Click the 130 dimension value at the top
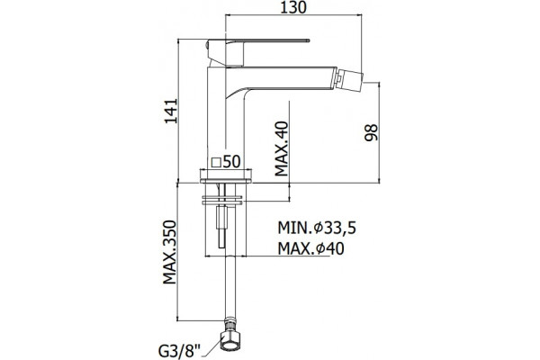point(293,7)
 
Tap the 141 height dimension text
point(170,111)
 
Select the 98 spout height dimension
point(371,132)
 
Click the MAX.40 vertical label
point(282,148)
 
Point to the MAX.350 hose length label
point(169,252)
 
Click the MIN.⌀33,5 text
point(317,228)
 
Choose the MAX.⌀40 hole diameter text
point(311,248)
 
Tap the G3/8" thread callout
point(179,352)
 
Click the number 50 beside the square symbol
point(231,161)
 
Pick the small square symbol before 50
point(216,162)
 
